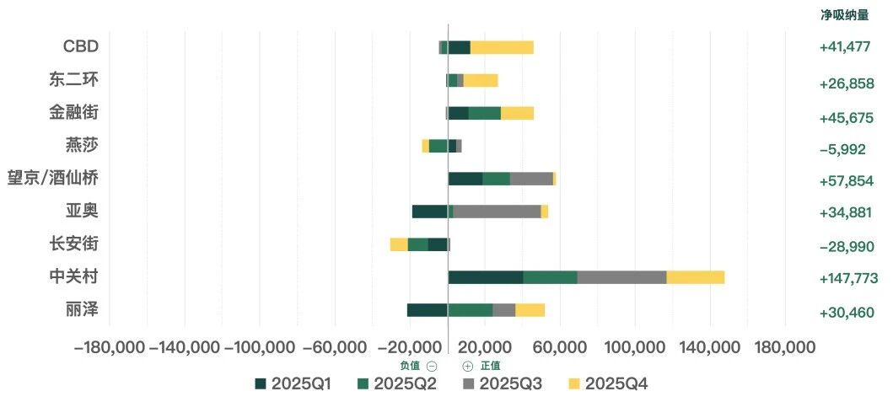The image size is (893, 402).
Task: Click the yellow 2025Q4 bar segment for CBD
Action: click(502, 47)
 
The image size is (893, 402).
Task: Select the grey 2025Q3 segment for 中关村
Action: click(621, 277)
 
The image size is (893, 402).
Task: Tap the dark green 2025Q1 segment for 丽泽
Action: click(427, 310)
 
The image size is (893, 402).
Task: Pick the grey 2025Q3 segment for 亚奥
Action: click(497, 212)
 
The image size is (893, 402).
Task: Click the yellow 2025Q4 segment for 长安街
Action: click(399, 244)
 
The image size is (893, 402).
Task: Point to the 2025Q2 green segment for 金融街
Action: click(484, 113)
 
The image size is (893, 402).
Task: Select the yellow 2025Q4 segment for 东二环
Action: click(481, 80)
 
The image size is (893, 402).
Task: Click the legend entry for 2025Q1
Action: click(293, 384)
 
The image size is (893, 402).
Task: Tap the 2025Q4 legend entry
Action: click(607, 384)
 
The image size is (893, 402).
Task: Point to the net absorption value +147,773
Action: click(848, 278)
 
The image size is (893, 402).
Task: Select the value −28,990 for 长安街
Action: click(847, 246)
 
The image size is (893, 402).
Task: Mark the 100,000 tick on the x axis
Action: click(634, 347)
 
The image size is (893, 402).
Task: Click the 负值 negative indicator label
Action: click(410, 366)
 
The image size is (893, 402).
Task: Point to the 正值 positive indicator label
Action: click(490, 366)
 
